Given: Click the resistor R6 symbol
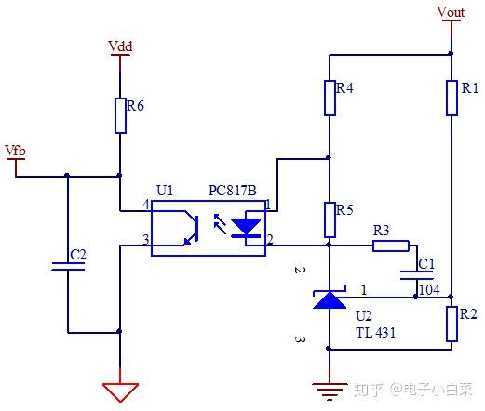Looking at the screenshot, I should tap(119, 114).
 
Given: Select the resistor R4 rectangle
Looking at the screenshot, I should tap(329, 98).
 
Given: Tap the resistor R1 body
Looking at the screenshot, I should tap(451, 98).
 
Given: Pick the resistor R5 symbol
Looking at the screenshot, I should tap(329, 219).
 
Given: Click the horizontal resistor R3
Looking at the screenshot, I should tap(390, 245).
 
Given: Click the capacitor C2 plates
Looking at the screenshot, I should tap(67, 266).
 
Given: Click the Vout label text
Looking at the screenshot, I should tap(451, 12).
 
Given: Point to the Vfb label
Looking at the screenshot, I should tap(16, 150).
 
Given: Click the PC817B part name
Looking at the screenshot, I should tap(231, 190).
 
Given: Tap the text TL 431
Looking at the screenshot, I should tap(376, 331).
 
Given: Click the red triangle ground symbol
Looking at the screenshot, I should tap(119, 390).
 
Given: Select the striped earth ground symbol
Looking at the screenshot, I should tap(329, 389).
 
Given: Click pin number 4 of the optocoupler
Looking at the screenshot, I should tap(145, 203).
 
